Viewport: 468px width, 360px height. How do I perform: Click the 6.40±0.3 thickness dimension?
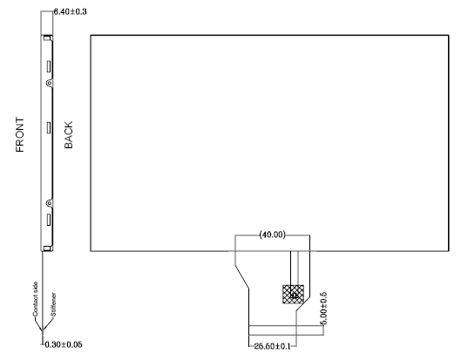pos(70,12)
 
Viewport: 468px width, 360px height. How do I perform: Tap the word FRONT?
pos(20,134)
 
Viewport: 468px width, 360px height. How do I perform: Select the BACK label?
pos(68,134)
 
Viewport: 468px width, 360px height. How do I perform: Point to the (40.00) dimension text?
pos(272,234)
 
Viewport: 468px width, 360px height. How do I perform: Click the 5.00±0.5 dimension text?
pos(324,308)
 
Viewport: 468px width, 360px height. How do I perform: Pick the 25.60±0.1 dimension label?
pos(272,346)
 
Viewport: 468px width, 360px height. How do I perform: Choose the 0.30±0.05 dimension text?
pos(64,345)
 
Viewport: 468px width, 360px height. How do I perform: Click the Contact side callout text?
pos(35,299)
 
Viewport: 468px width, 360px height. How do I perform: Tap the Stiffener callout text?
pos(53,304)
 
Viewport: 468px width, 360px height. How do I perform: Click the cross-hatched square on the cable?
pos(293,294)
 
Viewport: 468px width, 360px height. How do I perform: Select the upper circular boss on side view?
pos(50,83)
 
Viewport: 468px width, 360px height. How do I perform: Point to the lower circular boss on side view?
pos(50,204)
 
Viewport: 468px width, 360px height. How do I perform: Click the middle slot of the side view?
pos(49,127)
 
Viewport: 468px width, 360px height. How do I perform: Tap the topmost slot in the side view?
pos(49,66)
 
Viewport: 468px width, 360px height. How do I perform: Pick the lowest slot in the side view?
pos(49,220)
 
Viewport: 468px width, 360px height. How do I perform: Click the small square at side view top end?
pos(47,37)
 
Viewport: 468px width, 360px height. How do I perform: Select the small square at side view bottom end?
pos(47,248)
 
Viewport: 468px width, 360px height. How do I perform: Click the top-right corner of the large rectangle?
pos(449,35)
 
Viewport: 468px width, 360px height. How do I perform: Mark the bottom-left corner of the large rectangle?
pos(91,251)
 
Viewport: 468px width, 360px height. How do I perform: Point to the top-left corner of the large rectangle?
pos(91,35)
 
